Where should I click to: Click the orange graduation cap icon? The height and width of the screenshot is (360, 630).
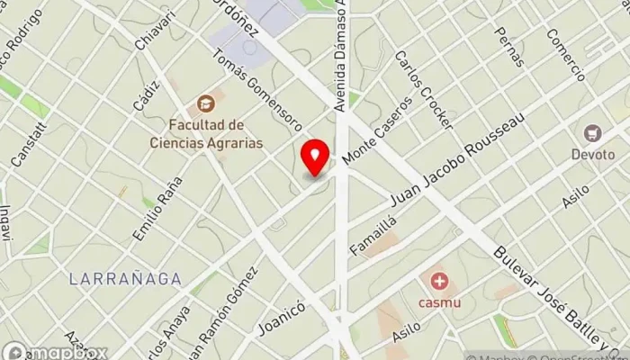tap(206, 104)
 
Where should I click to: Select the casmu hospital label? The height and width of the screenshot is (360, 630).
tap(440, 302)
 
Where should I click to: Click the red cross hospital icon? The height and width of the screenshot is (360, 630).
tap(439, 282)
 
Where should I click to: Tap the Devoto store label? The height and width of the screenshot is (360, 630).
tap(592, 154)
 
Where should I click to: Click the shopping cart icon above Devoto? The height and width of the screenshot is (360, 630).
tap(592, 134)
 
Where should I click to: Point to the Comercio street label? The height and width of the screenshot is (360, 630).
tap(566, 54)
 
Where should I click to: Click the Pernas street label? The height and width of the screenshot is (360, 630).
tap(509, 45)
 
